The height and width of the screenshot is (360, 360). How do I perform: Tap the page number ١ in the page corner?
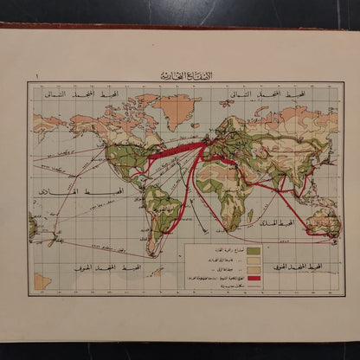point(37,78)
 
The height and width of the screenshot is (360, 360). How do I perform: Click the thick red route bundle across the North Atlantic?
point(173,149)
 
